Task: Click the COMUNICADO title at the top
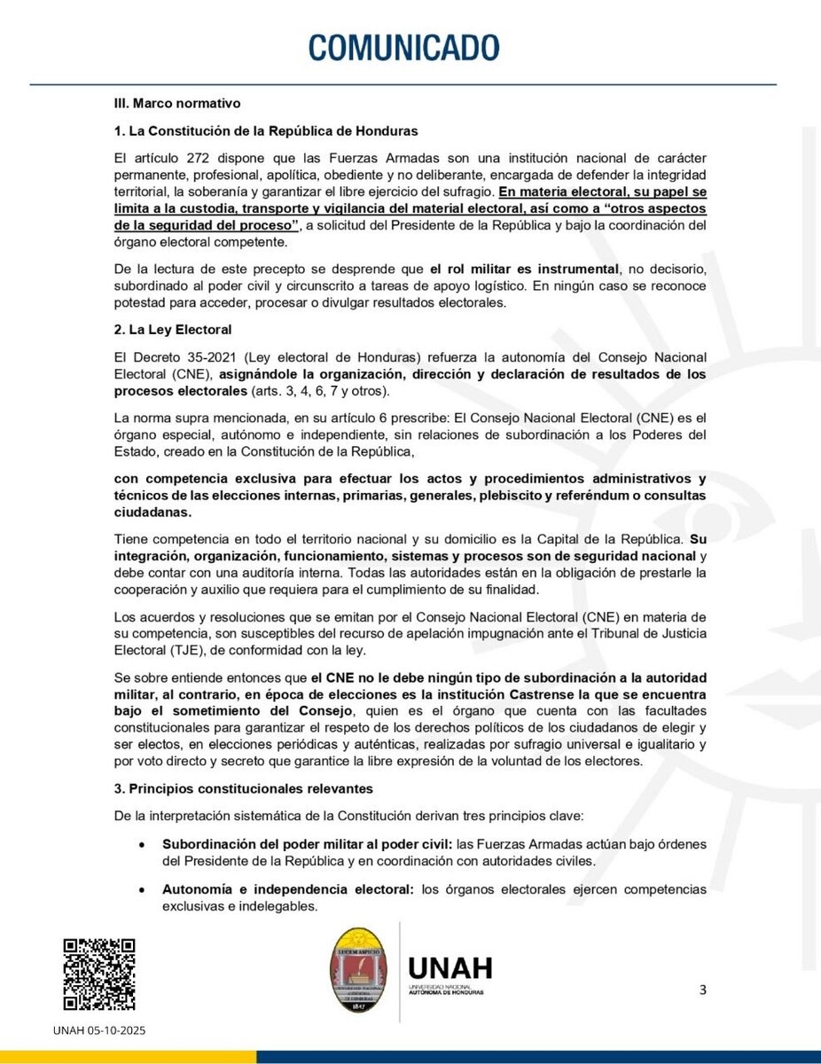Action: coord(404,46)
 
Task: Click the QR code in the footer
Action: coord(98,974)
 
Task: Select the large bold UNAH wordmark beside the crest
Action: coord(450,966)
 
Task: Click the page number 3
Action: coord(703,990)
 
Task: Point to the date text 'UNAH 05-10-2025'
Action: coord(99,1030)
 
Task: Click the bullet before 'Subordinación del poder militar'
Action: coord(141,844)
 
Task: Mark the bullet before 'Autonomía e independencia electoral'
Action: coord(141,889)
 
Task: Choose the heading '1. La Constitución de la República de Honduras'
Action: coord(266,131)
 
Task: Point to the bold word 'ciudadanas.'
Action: coord(148,513)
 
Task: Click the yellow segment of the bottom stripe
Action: coord(129,1057)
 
